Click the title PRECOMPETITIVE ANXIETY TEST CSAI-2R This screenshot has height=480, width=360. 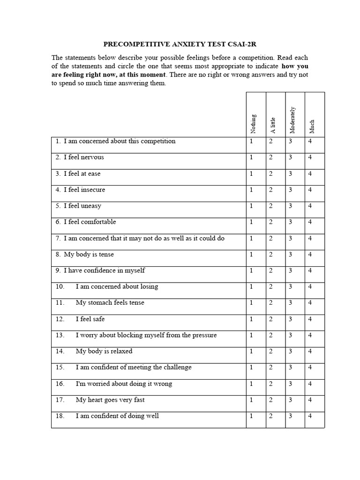pyautogui.click(x=180, y=45)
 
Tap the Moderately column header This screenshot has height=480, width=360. pyautogui.click(x=293, y=119)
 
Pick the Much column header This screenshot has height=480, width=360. pyautogui.click(x=312, y=126)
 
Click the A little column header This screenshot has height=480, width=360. pyautogui.click(x=273, y=125)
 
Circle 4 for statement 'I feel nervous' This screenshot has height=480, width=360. pyautogui.click(x=310, y=157)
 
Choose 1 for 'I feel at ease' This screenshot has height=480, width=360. pyautogui.click(x=251, y=174)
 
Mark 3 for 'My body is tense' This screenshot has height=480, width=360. pyautogui.click(x=291, y=255)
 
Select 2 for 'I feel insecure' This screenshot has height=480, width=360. pyautogui.click(x=271, y=190)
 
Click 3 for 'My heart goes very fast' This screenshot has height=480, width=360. pyautogui.click(x=291, y=400)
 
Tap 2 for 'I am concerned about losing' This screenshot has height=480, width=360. pyautogui.click(x=271, y=287)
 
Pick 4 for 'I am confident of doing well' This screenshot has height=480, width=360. pyautogui.click(x=310, y=416)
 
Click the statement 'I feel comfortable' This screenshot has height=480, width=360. pyautogui.click(x=90, y=222)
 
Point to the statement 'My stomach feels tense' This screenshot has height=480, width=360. pyautogui.click(x=110, y=303)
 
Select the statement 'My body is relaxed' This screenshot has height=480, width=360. pyautogui.click(x=104, y=351)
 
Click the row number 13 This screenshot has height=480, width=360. pyautogui.click(x=59, y=335)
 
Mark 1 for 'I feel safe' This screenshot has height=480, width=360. pyautogui.click(x=251, y=319)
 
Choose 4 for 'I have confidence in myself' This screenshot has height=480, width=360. pyautogui.click(x=310, y=270)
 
